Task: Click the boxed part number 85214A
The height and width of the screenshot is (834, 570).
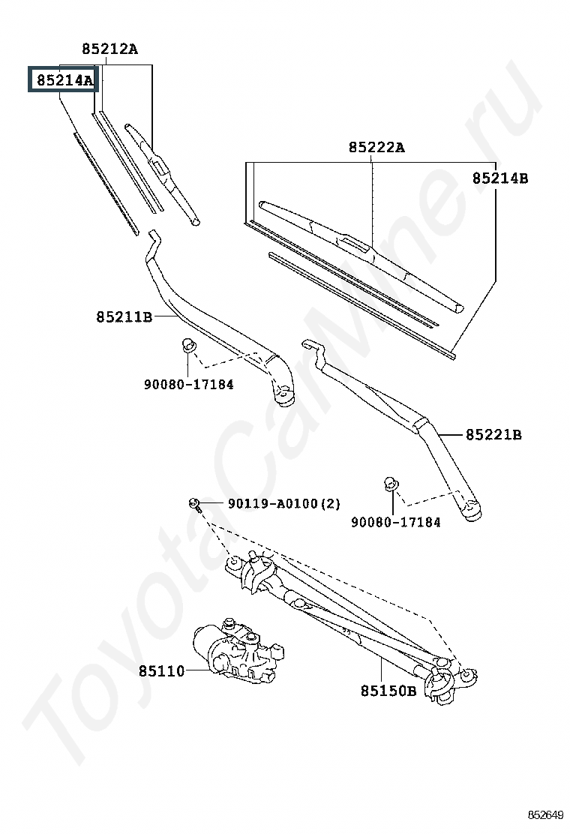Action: pyautogui.click(x=64, y=80)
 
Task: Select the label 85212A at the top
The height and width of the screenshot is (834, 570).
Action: pyautogui.click(x=109, y=49)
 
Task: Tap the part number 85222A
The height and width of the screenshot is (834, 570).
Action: pyautogui.click(x=376, y=147)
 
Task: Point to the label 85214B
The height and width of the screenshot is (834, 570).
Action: pyautogui.click(x=500, y=178)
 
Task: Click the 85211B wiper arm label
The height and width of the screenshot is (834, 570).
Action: pyautogui.click(x=124, y=317)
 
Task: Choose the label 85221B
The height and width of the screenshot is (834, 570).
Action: pyautogui.click(x=494, y=435)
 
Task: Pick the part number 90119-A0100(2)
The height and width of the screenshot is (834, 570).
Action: pyautogui.click(x=284, y=503)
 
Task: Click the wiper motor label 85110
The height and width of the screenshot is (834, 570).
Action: pyautogui.click(x=162, y=671)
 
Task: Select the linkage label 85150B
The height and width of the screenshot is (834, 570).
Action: pyautogui.click(x=388, y=691)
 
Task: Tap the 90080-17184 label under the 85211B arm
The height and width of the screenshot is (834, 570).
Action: pyautogui.click(x=189, y=384)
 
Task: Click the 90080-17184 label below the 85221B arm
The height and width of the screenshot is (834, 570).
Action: pyautogui.click(x=395, y=522)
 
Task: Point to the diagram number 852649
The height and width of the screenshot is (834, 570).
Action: pyautogui.click(x=545, y=814)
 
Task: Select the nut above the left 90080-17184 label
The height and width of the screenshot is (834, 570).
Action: pyautogui.click(x=188, y=344)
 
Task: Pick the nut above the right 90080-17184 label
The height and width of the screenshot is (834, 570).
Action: pyautogui.click(x=391, y=484)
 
